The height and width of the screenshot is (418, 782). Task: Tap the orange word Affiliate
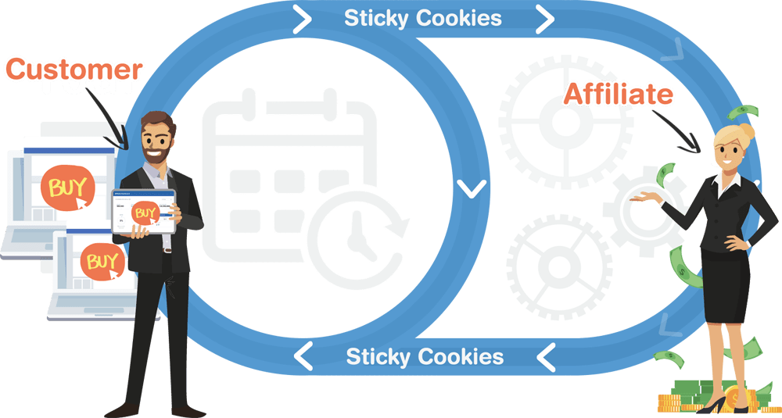(619, 95)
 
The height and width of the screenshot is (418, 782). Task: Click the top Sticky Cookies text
(423, 18)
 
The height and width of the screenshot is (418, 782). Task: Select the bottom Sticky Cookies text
(425, 357)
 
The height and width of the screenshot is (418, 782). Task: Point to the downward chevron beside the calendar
(469, 188)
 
